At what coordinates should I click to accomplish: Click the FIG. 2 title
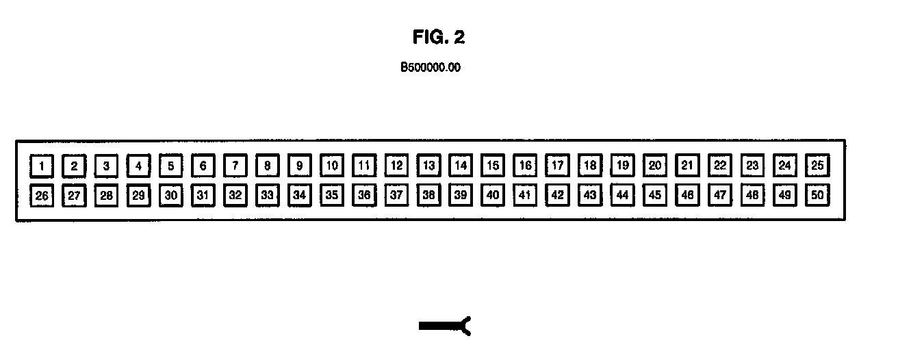click(x=439, y=37)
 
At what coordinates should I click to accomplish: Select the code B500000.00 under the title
click(x=430, y=68)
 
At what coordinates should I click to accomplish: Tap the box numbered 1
click(x=42, y=166)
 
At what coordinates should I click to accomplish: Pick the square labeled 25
click(x=817, y=165)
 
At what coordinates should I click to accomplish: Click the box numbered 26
click(x=42, y=196)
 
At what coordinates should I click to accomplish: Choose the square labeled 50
click(x=817, y=195)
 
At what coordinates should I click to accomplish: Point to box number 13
click(x=429, y=165)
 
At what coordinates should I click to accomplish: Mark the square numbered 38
click(x=429, y=195)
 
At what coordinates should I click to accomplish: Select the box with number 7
click(x=235, y=166)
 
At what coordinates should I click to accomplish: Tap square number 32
click(x=235, y=195)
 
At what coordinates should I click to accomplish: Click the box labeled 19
click(x=623, y=165)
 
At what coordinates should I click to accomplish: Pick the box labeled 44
click(x=623, y=195)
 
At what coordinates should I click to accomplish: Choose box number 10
click(x=332, y=165)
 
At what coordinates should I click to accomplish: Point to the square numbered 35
click(x=332, y=195)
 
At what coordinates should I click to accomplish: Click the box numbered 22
click(x=720, y=165)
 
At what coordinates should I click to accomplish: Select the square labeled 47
click(x=720, y=195)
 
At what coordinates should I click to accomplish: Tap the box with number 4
click(x=138, y=166)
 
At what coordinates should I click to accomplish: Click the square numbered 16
click(x=526, y=165)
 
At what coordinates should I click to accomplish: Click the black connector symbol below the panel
click(x=445, y=326)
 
